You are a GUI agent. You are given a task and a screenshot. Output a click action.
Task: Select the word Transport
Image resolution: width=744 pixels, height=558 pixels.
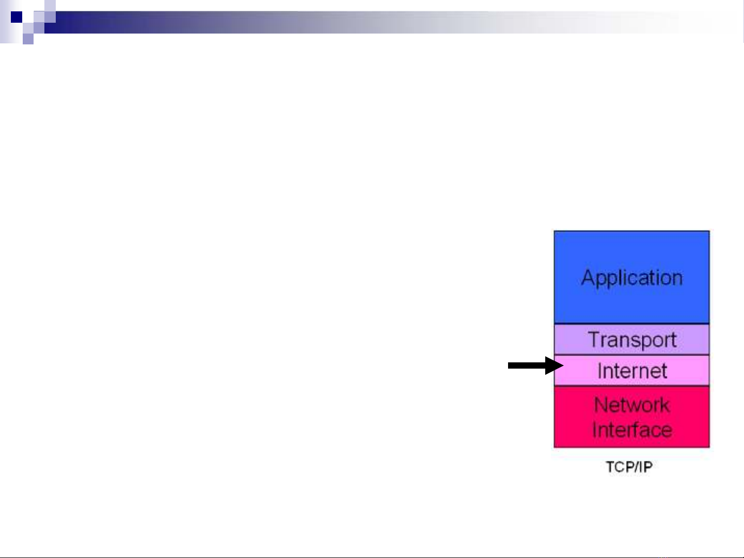pos(632,340)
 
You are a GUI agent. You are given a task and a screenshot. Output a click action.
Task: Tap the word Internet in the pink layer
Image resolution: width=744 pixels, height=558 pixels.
pos(632,371)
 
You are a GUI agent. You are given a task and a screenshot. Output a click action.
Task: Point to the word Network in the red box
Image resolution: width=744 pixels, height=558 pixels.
pos(632,405)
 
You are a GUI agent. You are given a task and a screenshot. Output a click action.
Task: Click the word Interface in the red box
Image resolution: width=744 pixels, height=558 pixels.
pos(632,429)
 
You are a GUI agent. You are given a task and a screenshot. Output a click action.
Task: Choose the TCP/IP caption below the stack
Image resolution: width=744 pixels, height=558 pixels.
pos(629,467)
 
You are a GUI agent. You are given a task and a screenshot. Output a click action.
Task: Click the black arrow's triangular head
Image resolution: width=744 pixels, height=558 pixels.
pos(554,365)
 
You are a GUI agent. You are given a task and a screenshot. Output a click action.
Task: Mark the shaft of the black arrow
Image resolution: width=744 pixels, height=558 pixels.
pos(527,365)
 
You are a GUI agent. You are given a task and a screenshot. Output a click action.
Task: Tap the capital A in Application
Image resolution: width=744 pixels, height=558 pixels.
pos(588,277)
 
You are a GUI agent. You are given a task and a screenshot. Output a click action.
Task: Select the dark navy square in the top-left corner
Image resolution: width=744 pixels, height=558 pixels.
pos(17,17)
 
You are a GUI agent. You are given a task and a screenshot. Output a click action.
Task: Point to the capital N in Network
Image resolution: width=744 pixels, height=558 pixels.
pos(600,405)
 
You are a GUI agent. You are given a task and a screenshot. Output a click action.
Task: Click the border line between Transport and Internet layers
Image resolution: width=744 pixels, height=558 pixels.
pos(632,355)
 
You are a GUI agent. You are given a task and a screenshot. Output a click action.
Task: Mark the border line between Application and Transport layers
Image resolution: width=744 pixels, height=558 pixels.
pos(632,324)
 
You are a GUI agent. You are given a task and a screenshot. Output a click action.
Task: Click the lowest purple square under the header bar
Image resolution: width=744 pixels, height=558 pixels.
pos(28,39)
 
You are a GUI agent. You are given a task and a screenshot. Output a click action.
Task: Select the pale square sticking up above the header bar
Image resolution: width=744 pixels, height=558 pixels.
pos(50,6)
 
